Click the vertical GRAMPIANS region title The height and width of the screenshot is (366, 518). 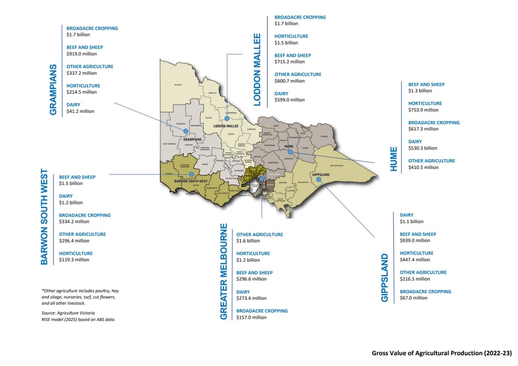pyautogui.click(x=53, y=90)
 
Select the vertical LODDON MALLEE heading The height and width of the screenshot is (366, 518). pyautogui.click(x=257, y=70)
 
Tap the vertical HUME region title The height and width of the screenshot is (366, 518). pyautogui.click(x=394, y=159)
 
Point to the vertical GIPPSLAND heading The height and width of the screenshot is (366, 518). pyautogui.click(x=385, y=277)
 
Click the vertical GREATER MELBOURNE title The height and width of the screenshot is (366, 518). pyautogui.click(x=224, y=271)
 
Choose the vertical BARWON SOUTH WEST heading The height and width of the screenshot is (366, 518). pyautogui.click(x=44, y=217)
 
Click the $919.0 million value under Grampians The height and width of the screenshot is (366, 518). pyautogui.click(x=82, y=54)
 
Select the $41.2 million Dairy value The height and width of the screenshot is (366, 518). pyautogui.click(x=80, y=111)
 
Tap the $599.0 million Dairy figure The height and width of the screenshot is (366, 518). pyautogui.click(x=289, y=100)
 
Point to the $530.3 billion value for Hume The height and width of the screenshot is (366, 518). pyautogui.click(x=422, y=148)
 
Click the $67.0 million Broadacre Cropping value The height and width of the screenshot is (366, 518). pyautogui.click(x=413, y=298)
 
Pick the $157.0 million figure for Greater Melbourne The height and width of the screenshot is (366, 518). pyautogui.click(x=251, y=317)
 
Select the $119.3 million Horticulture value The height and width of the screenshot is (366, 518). pyautogui.click(x=74, y=259)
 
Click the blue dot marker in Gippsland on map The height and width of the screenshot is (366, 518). pyautogui.click(x=319, y=180)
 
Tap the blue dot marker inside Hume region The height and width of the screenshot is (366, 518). pyautogui.click(x=290, y=152)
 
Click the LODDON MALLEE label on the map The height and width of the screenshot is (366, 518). pyautogui.click(x=226, y=126)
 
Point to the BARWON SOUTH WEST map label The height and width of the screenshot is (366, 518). pyautogui.click(x=191, y=181)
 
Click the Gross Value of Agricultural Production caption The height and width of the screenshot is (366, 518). pyautogui.click(x=442, y=353)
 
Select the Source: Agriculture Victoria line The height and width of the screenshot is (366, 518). pyautogui.click(x=68, y=313)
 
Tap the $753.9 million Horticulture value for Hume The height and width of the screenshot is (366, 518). pyautogui.click(x=423, y=110)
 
